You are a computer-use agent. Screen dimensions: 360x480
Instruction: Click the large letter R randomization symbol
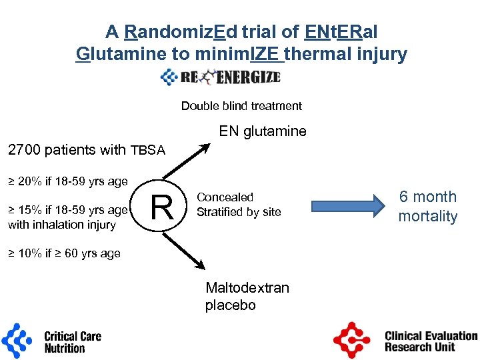pos(163,207)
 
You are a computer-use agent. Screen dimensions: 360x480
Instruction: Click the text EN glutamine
pos(263,131)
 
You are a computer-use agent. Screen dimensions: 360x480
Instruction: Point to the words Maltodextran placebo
pos(247,297)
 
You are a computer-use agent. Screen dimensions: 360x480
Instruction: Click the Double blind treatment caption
pos(241,106)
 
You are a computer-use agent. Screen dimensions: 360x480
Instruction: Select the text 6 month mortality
pos(427,206)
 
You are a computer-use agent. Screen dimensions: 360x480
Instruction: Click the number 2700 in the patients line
pos(23,150)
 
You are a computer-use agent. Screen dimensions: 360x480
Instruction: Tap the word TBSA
pos(148,151)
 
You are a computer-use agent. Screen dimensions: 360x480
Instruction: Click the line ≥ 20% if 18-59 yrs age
pos(67,180)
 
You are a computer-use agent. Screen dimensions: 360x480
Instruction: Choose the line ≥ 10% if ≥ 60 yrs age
pos(64,253)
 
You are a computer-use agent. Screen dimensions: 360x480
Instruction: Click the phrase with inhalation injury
pos(62,225)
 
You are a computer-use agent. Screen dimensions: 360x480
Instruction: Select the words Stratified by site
pos(239,212)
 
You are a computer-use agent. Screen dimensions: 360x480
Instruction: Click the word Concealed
pos(225,197)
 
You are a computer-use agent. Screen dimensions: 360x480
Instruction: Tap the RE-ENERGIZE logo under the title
pos(221,77)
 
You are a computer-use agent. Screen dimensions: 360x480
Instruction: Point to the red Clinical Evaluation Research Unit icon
pos(351,340)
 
